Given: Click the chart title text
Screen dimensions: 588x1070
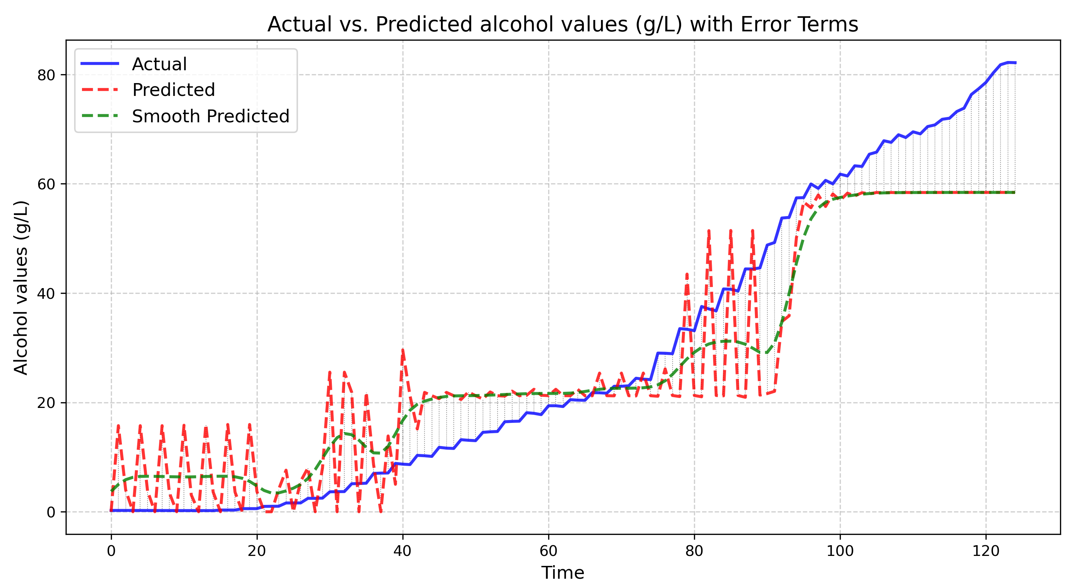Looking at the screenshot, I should (x=562, y=25).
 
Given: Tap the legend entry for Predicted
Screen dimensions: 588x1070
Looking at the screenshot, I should (x=173, y=90).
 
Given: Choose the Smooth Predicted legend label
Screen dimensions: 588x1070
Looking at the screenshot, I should (x=210, y=116).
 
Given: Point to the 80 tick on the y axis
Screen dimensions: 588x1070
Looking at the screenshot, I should (x=46, y=75).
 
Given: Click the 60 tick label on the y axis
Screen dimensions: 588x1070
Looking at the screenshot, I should (x=46, y=184).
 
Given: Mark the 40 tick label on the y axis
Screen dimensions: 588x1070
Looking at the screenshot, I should (x=46, y=293).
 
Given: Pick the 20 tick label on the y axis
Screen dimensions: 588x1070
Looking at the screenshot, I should (x=46, y=403).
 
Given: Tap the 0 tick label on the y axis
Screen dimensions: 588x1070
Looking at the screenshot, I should (x=51, y=512).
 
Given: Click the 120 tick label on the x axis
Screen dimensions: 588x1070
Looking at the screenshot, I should (x=986, y=551).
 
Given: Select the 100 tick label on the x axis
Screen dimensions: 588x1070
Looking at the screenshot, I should (x=840, y=551).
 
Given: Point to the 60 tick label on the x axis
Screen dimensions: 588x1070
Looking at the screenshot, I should (x=548, y=551).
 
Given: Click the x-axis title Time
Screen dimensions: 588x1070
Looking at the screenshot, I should (x=562, y=573).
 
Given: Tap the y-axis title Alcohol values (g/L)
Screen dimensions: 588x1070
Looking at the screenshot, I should (x=21, y=287).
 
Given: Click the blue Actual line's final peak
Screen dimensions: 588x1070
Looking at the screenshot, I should (x=1008, y=62).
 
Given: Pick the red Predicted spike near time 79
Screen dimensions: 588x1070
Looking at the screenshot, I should (x=687, y=273).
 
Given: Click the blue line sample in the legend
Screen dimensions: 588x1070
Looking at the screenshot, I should (x=100, y=63).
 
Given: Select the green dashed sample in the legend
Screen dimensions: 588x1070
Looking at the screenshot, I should (x=100, y=116).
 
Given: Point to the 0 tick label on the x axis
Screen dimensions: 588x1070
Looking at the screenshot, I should (x=111, y=551).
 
